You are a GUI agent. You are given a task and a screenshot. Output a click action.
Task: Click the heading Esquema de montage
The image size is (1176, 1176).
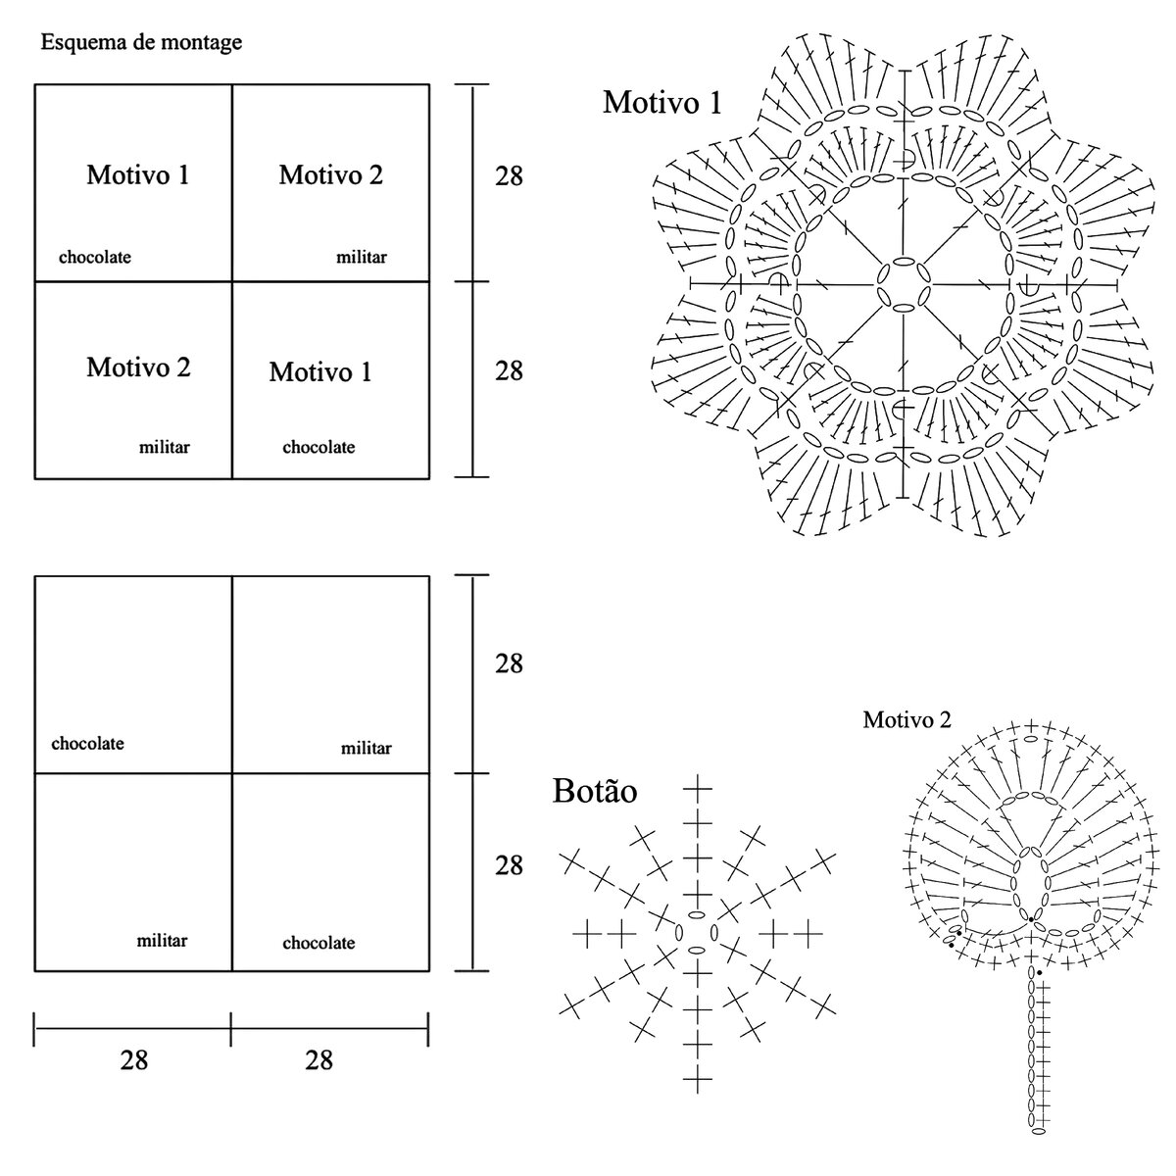pos(141,43)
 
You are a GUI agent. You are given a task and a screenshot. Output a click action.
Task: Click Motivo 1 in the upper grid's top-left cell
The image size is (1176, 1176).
pos(138,175)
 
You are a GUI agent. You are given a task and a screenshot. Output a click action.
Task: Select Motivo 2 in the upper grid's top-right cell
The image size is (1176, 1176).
pos(331,175)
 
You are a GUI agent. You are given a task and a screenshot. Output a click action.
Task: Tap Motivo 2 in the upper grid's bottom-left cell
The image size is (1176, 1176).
pos(138,367)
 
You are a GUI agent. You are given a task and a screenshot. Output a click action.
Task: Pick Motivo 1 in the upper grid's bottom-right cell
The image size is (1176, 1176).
pos(320,372)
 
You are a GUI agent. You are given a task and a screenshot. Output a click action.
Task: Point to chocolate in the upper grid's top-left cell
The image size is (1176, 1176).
pos(95,258)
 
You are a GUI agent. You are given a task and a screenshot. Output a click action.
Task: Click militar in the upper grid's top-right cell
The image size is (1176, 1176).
pos(362,258)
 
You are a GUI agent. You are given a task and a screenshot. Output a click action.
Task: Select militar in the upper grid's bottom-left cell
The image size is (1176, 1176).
pos(165,448)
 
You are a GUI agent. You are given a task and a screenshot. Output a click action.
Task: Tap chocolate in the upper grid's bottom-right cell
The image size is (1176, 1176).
pos(318,448)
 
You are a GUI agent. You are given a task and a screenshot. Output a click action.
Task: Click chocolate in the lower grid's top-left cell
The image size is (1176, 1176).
pos(88,744)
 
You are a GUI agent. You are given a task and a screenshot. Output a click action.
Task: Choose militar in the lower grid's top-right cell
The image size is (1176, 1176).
pos(367,749)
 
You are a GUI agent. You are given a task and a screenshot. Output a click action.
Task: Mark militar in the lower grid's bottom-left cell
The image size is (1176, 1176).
pos(162,941)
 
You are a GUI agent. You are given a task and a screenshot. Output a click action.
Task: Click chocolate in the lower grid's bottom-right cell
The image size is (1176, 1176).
pos(318,944)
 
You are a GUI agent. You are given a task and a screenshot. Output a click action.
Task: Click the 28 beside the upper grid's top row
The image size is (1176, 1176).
pos(509,176)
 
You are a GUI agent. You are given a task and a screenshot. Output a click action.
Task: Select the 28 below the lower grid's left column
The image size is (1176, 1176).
pos(134,1060)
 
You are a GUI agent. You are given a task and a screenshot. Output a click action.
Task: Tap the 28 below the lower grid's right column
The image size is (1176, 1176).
pos(319,1060)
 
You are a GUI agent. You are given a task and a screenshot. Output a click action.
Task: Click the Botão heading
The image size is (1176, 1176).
pos(595,792)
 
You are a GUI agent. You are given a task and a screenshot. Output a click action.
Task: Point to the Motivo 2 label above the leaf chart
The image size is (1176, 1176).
pos(906,720)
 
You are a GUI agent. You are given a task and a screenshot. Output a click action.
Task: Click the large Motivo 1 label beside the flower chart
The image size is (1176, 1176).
pos(662,102)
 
